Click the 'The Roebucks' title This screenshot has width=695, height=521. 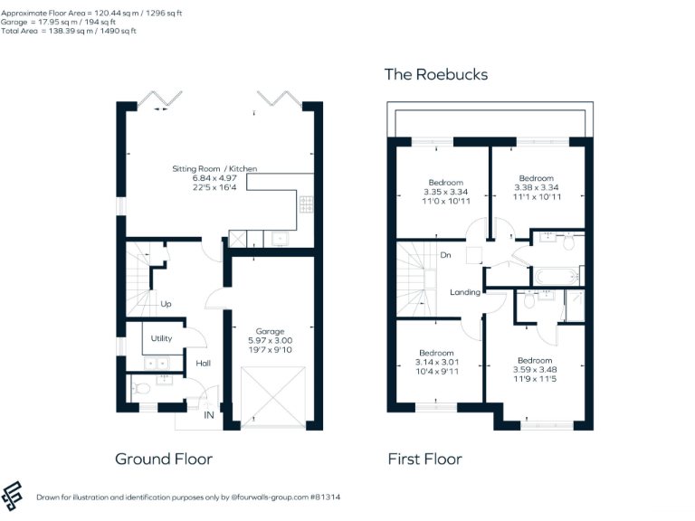tap(436, 74)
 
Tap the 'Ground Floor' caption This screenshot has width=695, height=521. tap(164, 459)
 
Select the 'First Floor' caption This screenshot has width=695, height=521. tap(424, 459)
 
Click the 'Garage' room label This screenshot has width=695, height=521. tap(270, 330)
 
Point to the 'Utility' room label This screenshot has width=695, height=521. tap(161, 338)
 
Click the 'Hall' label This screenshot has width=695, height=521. tap(204, 363)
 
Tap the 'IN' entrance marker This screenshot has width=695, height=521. tap(209, 416)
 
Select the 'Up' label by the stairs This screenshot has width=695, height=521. tap(166, 304)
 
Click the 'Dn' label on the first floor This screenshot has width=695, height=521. tap(445, 255)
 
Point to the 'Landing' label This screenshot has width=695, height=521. tap(464, 291)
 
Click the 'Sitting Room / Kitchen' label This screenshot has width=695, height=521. tap(215, 169)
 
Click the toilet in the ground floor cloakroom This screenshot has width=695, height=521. tap(139, 389)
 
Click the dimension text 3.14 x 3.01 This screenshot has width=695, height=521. tap(436, 362)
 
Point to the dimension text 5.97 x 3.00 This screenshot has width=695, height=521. tap(270, 340)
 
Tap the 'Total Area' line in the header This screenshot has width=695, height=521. tap(69, 31)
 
